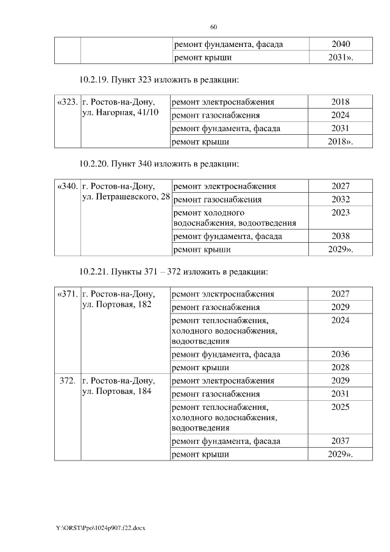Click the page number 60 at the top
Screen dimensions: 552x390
(x=213, y=27)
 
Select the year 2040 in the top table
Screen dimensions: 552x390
(x=341, y=45)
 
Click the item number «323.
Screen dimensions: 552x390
(x=67, y=102)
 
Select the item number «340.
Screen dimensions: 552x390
(x=67, y=186)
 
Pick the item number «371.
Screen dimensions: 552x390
(x=67, y=294)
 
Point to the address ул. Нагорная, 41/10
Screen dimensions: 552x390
(x=120, y=114)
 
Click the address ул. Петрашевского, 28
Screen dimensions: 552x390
(x=126, y=198)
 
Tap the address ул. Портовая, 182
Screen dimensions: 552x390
(x=116, y=305)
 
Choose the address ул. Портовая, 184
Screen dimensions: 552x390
(x=116, y=392)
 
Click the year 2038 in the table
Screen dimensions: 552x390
(x=341, y=236)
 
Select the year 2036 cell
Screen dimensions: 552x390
(x=340, y=354)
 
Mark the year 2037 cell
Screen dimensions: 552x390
(x=340, y=441)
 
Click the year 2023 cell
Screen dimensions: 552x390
(x=341, y=213)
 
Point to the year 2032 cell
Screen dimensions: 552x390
(x=341, y=199)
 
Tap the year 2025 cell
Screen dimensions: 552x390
(x=340, y=406)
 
